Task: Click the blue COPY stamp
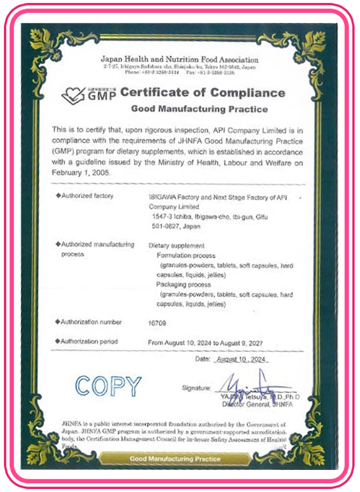click(x=108, y=386)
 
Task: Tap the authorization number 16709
click(x=157, y=322)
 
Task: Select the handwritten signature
click(x=251, y=384)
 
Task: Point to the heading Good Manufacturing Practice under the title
click(x=199, y=109)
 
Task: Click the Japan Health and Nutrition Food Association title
click(x=179, y=60)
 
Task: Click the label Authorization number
click(x=91, y=322)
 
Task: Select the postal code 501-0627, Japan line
click(x=167, y=227)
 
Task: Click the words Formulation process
click(x=186, y=256)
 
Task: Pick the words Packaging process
click(x=183, y=285)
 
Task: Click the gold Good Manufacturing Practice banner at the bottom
click(x=175, y=459)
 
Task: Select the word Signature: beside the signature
click(x=196, y=388)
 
